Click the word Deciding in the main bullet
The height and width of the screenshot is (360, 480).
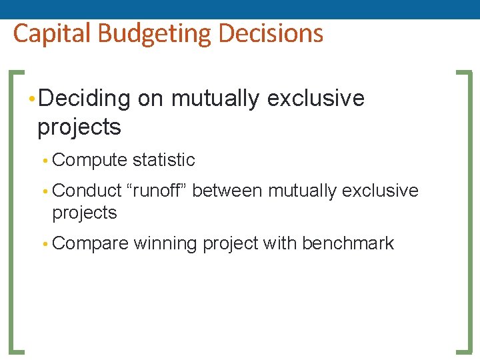click(84, 99)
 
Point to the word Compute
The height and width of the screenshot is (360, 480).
click(89, 160)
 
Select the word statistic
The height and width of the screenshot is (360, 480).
click(163, 160)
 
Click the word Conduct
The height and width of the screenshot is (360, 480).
click(87, 191)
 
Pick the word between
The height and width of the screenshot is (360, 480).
click(227, 191)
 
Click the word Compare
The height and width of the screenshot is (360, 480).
click(89, 243)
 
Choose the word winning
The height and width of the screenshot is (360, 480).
click(165, 243)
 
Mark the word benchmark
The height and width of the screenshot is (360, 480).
click(347, 243)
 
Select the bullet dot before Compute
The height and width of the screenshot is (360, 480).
click(45, 161)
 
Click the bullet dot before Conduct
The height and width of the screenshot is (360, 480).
click(45, 191)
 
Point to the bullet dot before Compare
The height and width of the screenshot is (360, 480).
click(45, 244)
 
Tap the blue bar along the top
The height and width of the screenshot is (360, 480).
click(240, 9)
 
